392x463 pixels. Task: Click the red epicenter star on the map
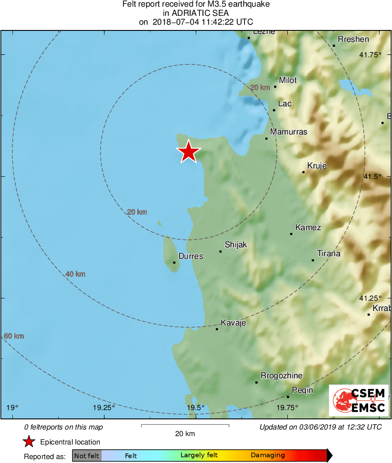click(x=188, y=152)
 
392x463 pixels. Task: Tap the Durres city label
click(x=191, y=256)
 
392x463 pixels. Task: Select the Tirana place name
click(x=329, y=254)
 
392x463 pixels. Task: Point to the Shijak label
click(x=236, y=245)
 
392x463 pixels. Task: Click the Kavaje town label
click(x=233, y=323)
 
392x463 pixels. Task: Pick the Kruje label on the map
click(x=317, y=166)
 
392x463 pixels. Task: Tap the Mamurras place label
click(x=289, y=132)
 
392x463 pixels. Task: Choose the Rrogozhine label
click(x=282, y=376)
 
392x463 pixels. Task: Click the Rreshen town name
click(x=354, y=39)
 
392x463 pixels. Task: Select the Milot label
click(x=287, y=80)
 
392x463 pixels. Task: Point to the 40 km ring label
click(x=75, y=274)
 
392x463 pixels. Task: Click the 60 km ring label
click(x=14, y=336)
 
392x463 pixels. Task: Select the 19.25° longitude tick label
click(x=105, y=407)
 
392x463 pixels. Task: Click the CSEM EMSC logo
click(x=359, y=400)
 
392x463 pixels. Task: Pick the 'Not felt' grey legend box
click(x=87, y=456)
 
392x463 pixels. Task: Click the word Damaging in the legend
click(x=268, y=456)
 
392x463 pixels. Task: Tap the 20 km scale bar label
click(x=185, y=434)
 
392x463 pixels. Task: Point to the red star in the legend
click(x=29, y=442)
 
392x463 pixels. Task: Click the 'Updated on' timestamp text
click(x=320, y=427)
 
